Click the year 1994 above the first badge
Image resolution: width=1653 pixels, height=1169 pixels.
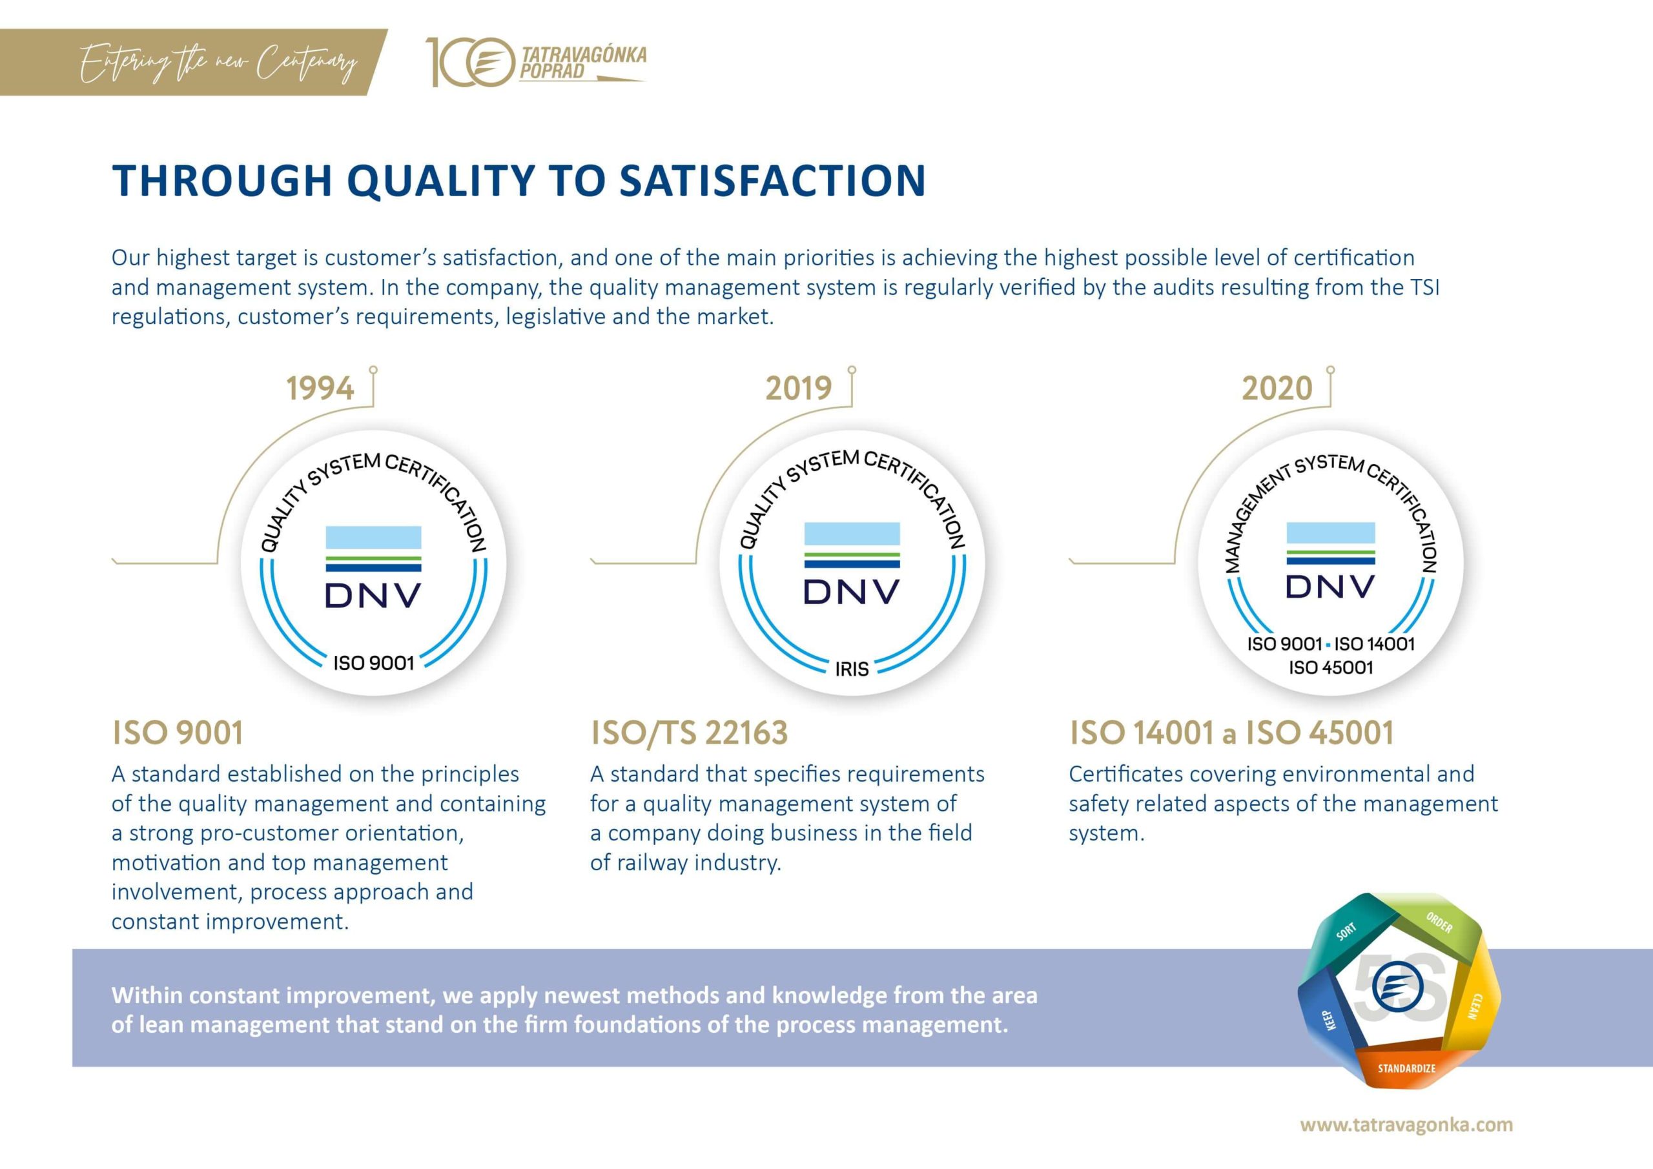[320, 389]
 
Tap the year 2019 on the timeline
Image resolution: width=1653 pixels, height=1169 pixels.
[799, 389]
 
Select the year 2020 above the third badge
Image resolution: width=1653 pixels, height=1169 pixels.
[1277, 389]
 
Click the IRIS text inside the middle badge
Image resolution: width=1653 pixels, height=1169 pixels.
[852, 669]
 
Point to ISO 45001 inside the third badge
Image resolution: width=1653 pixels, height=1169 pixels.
[1330, 667]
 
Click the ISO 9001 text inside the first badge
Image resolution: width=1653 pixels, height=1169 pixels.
[374, 663]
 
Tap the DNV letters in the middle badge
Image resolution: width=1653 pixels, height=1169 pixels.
[852, 592]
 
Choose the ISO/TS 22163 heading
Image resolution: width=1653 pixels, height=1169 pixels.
[689, 733]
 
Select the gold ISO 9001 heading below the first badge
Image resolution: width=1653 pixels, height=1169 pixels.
[177, 733]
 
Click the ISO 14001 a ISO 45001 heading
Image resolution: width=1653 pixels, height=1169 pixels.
[1231, 733]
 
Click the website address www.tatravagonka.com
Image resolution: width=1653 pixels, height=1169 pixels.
[1406, 1124]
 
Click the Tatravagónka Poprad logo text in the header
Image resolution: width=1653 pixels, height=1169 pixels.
[582, 63]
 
